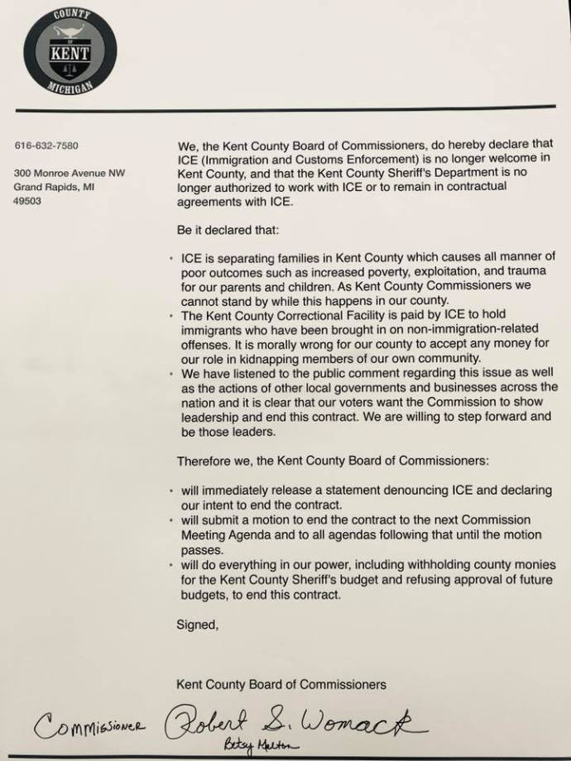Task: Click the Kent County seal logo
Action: coord(70,51)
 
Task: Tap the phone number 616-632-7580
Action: coord(46,146)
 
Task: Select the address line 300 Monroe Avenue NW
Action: coord(70,174)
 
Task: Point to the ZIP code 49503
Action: coord(28,200)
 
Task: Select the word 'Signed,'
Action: coord(198,625)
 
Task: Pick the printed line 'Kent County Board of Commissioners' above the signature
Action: coord(281,684)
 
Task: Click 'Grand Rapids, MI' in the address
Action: coord(53,187)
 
